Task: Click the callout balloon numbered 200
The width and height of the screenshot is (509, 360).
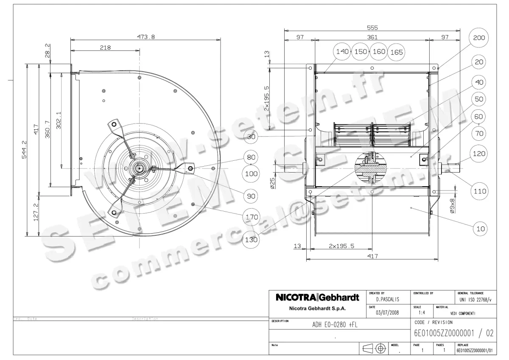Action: pyautogui.click(x=479, y=38)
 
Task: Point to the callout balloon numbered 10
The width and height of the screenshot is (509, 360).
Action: pyautogui.click(x=481, y=229)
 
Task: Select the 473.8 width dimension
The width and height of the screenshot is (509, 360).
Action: pyautogui.click(x=145, y=37)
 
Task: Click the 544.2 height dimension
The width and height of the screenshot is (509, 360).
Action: pyautogui.click(x=25, y=150)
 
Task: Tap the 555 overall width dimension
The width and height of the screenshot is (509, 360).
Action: pyautogui.click(x=372, y=28)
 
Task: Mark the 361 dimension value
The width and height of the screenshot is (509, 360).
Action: pyautogui.click(x=372, y=37)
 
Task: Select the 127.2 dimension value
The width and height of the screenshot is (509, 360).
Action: pyautogui.click(x=36, y=211)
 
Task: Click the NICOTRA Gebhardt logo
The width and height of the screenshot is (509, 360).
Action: pyautogui.click(x=317, y=298)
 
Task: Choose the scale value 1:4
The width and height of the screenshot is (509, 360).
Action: pyautogui.click(x=422, y=313)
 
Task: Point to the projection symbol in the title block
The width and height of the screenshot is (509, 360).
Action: pyautogui.click(x=375, y=348)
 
